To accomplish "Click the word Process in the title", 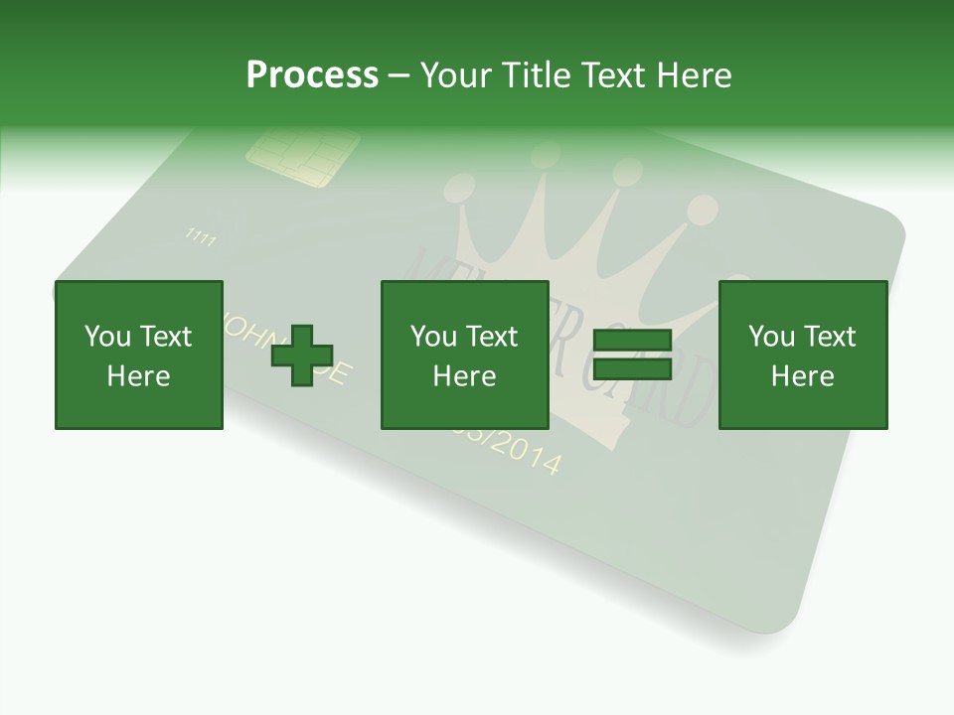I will (312, 75).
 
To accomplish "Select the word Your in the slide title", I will (457, 75).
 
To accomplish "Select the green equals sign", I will (632, 355).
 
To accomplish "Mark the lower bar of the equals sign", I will (632, 368).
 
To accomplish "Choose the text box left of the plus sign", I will (139, 356).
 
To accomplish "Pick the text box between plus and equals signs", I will (464, 356).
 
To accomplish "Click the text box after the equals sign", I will (802, 356).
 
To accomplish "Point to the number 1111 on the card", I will (201, 237).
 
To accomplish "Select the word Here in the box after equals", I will (802, 376).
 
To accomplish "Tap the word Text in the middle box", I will (492, 337).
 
